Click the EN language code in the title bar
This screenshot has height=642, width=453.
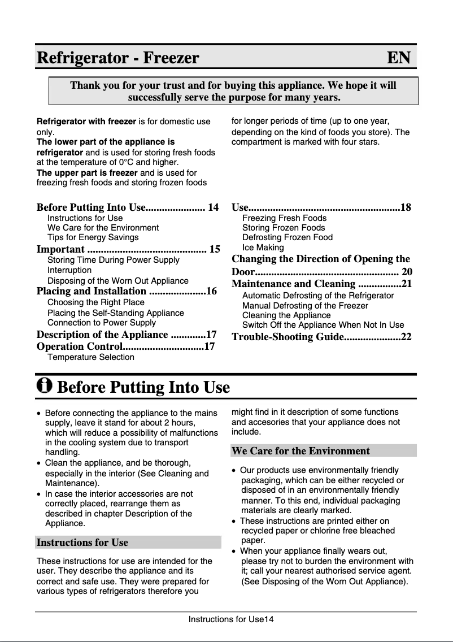398,58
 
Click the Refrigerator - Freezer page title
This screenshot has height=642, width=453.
118,58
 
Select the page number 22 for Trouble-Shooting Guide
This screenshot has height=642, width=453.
406,337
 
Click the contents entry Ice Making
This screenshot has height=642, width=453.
263,248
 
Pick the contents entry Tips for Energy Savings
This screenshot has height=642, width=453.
93,237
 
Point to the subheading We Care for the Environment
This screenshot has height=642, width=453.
300,451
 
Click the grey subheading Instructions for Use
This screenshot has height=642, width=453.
82,543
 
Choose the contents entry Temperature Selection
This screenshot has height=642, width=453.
90,357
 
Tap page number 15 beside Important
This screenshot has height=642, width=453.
215,249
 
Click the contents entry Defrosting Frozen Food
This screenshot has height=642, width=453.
287,237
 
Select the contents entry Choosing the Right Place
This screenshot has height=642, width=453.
95,302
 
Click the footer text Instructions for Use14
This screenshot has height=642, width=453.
231,619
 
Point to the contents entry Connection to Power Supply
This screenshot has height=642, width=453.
102,323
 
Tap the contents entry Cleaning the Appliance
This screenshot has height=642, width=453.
286,315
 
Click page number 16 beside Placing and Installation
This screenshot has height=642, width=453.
211,292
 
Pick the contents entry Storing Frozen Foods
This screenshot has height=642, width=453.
284,228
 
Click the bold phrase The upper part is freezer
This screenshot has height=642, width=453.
87,173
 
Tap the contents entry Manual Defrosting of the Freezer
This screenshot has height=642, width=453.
305,306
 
